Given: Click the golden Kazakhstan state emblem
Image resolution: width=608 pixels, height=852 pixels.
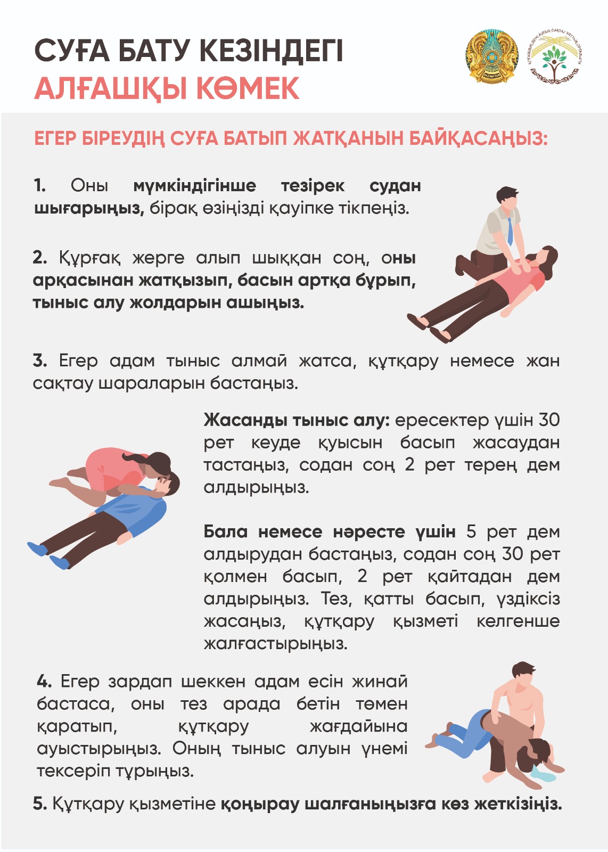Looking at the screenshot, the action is click(491, 57).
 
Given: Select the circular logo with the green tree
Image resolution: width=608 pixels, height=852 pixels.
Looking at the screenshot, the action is click(555, 57).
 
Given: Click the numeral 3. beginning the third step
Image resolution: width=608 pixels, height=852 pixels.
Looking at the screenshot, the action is click(40, 361).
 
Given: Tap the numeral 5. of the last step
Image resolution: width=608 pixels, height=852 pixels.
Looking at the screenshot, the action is click(40, 804).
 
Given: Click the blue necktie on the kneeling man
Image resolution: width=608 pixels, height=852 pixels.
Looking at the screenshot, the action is click(510, 231).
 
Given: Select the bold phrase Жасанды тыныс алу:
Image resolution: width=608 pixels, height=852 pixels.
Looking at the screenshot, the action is click(297, 421).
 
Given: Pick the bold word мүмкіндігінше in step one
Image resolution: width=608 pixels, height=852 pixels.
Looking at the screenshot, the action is click(194, 186).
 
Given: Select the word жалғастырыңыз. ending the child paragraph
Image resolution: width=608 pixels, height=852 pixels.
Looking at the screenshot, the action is click(276, 644).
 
